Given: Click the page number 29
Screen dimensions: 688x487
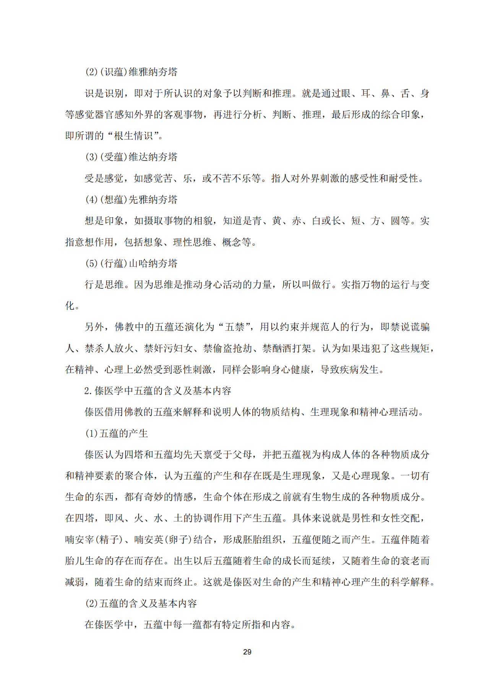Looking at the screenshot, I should coord(247,652).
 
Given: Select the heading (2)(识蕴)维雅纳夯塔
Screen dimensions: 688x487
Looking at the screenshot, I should coord(131,72).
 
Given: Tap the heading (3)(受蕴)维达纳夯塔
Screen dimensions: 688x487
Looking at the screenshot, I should coord(131,157).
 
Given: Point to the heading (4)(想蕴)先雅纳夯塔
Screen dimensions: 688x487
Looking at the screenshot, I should coord(131,199).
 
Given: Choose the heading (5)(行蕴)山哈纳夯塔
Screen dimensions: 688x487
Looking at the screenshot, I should coord(131,263).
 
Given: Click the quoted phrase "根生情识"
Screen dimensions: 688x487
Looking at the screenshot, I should coord(134,136).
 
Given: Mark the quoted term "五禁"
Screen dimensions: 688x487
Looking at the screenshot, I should coord(234,327).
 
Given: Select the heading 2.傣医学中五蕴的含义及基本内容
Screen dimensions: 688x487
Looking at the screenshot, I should coord(157,391).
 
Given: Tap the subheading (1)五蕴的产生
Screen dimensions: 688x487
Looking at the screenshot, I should coord(116,433).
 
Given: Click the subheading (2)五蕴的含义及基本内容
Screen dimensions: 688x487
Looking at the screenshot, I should coord(141,603).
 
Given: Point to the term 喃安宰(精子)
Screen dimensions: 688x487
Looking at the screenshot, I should coord(94,539).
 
